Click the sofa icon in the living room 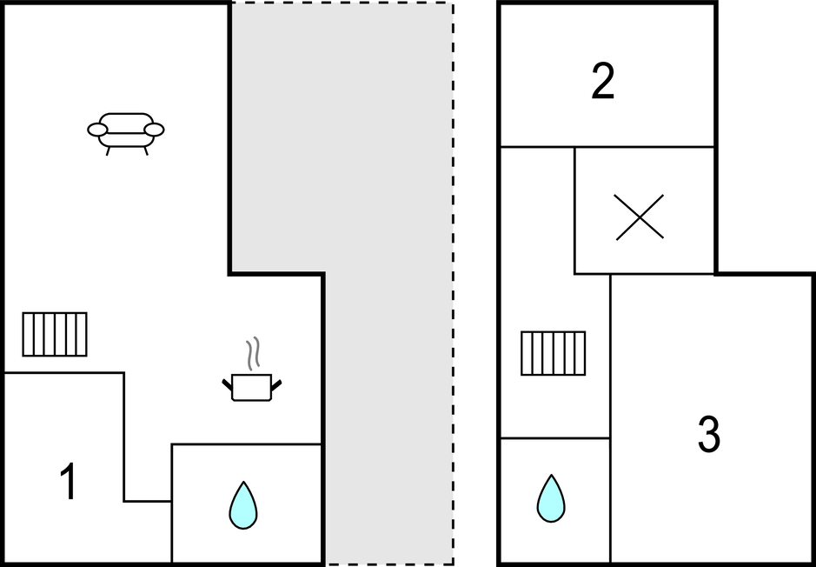click(126, 131)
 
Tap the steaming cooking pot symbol click(252, 386)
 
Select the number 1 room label click(68, 483)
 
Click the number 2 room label click(602, 81)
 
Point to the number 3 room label click(709, 434)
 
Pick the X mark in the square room click(640, 217)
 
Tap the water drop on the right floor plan click(551, 497)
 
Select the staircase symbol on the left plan click(55, 334)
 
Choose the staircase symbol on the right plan click(554, 353)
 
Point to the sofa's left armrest click(97, 130)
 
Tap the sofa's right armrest click(154, 130)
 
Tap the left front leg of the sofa click(108, 150)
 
